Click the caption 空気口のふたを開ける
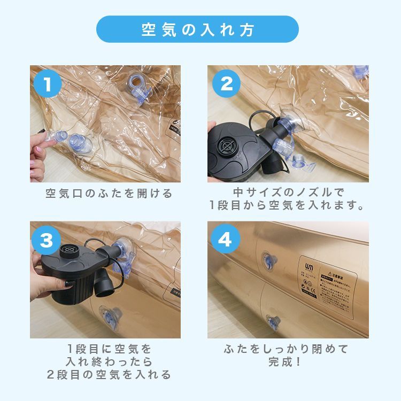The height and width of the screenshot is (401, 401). [109, 194]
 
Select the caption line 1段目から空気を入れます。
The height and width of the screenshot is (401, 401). [288, 205]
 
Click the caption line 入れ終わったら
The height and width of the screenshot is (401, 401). [109, 362]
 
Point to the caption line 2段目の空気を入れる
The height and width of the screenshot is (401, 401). [109, 375]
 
